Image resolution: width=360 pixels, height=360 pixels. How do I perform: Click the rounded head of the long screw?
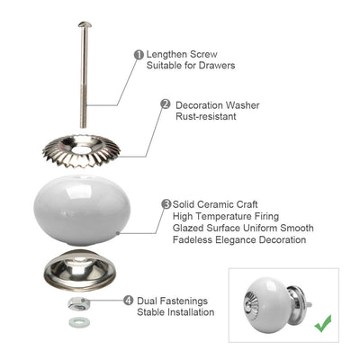point(85,24)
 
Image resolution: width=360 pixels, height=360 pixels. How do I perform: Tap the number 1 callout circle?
point(139,55)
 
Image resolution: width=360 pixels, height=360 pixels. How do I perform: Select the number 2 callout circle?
point(166,104)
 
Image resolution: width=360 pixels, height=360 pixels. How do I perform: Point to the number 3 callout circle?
point(166,204)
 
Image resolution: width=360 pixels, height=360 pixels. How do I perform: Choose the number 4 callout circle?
point(129,301)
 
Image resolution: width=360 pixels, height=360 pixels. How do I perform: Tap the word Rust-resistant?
point(206,116)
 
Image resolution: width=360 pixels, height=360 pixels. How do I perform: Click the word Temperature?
point(227,216)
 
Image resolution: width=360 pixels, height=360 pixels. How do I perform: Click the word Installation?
point(191,312)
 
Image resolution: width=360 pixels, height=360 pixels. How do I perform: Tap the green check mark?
point(323,323)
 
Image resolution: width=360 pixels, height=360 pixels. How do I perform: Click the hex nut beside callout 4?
point(77,304)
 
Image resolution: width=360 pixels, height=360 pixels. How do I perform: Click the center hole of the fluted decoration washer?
point(82,148)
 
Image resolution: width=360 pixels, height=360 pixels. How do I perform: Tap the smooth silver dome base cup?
point(79,269)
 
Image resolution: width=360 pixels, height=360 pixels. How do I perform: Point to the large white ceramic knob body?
point(82,210)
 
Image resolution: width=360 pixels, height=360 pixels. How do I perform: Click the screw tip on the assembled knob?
point(309,305)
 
